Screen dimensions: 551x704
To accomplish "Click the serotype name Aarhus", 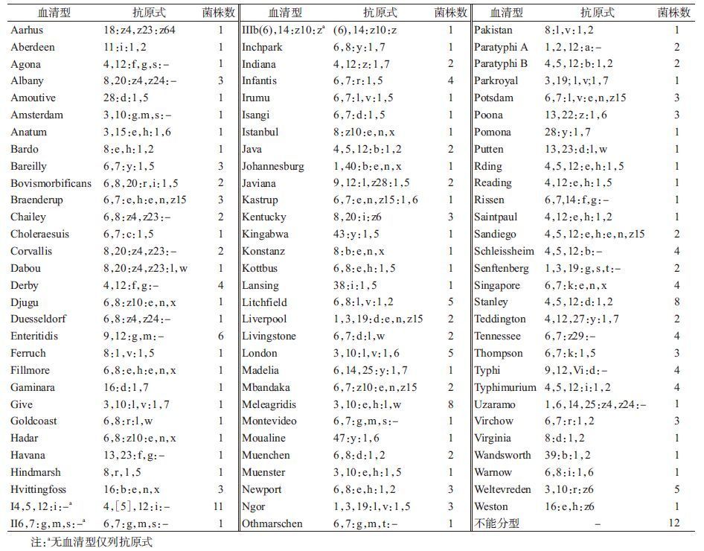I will (x=28, y=31).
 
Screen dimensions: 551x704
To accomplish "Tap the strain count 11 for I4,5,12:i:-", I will (x=219, y=506).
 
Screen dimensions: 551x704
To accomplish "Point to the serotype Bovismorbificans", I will (x=51, y=183).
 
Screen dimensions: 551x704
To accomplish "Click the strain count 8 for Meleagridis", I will (x=450, y=404).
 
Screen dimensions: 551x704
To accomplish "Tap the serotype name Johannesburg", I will (x=273, y=166).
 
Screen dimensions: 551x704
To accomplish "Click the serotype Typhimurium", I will (x=505, y=387).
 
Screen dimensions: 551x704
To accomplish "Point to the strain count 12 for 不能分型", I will (x=674, y=523).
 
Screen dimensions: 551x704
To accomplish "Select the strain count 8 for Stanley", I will (x=676, y=302).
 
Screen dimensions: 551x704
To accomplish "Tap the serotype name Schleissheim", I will (x=504, y=251).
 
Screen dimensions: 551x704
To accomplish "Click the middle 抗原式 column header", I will (x=380, y=13).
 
